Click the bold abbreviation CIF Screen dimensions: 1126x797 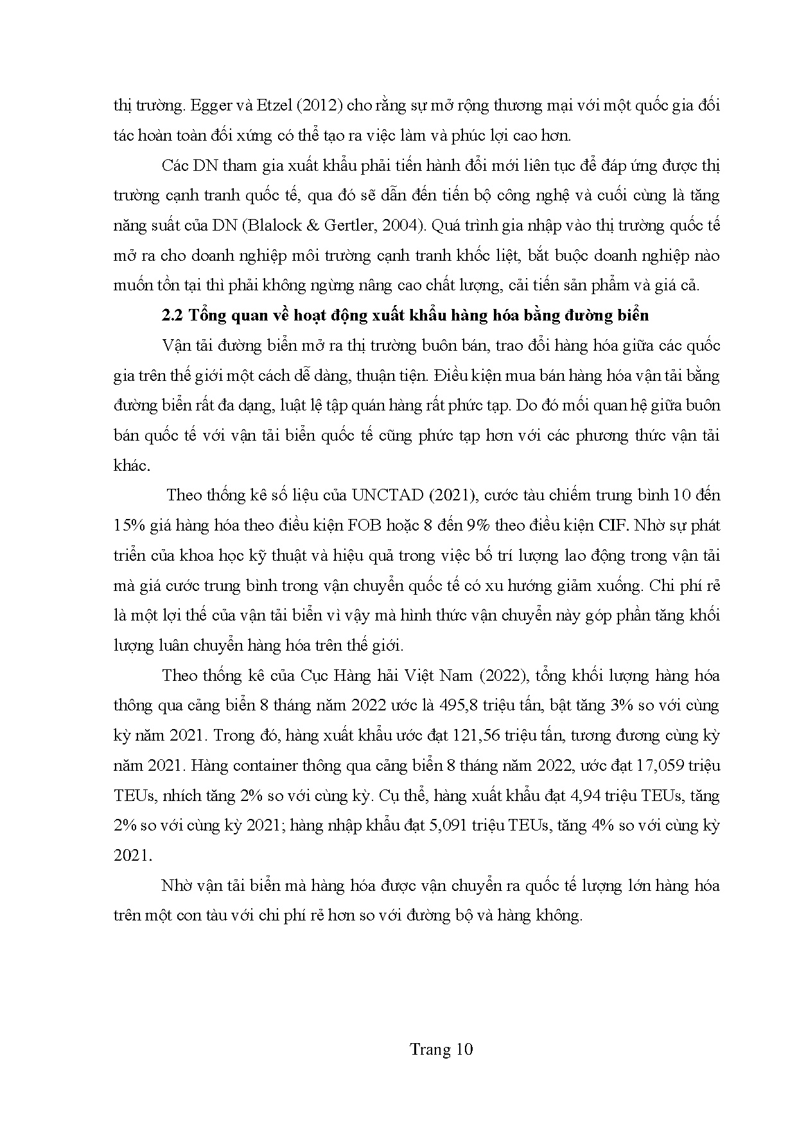[611, 525]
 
